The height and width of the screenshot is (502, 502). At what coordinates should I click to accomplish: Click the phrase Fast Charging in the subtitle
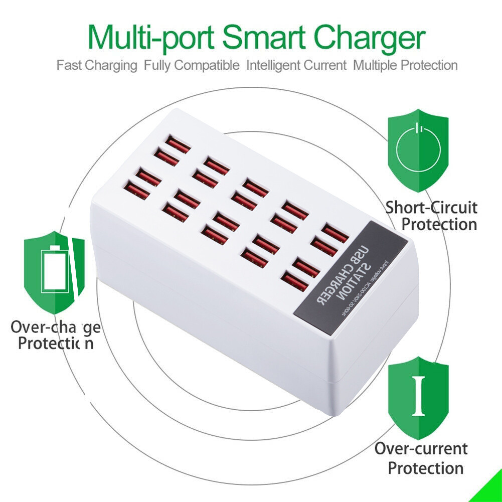pyautogui.click(x=97, y=65)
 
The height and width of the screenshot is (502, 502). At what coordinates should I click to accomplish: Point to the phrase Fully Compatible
pyautogui.click(x=192, y=65)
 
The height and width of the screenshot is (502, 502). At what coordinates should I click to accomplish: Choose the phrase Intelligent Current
pyautogui.click(x=296, y=65)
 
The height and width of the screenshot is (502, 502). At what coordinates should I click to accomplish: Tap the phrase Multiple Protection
pyautogui.click(x=405, y=65)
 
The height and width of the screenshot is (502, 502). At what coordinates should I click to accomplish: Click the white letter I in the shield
pyautogui.click(x=418, y=396)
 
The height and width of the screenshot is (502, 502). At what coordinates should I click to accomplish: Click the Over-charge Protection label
pyautogui.click(x=56, y=336)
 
